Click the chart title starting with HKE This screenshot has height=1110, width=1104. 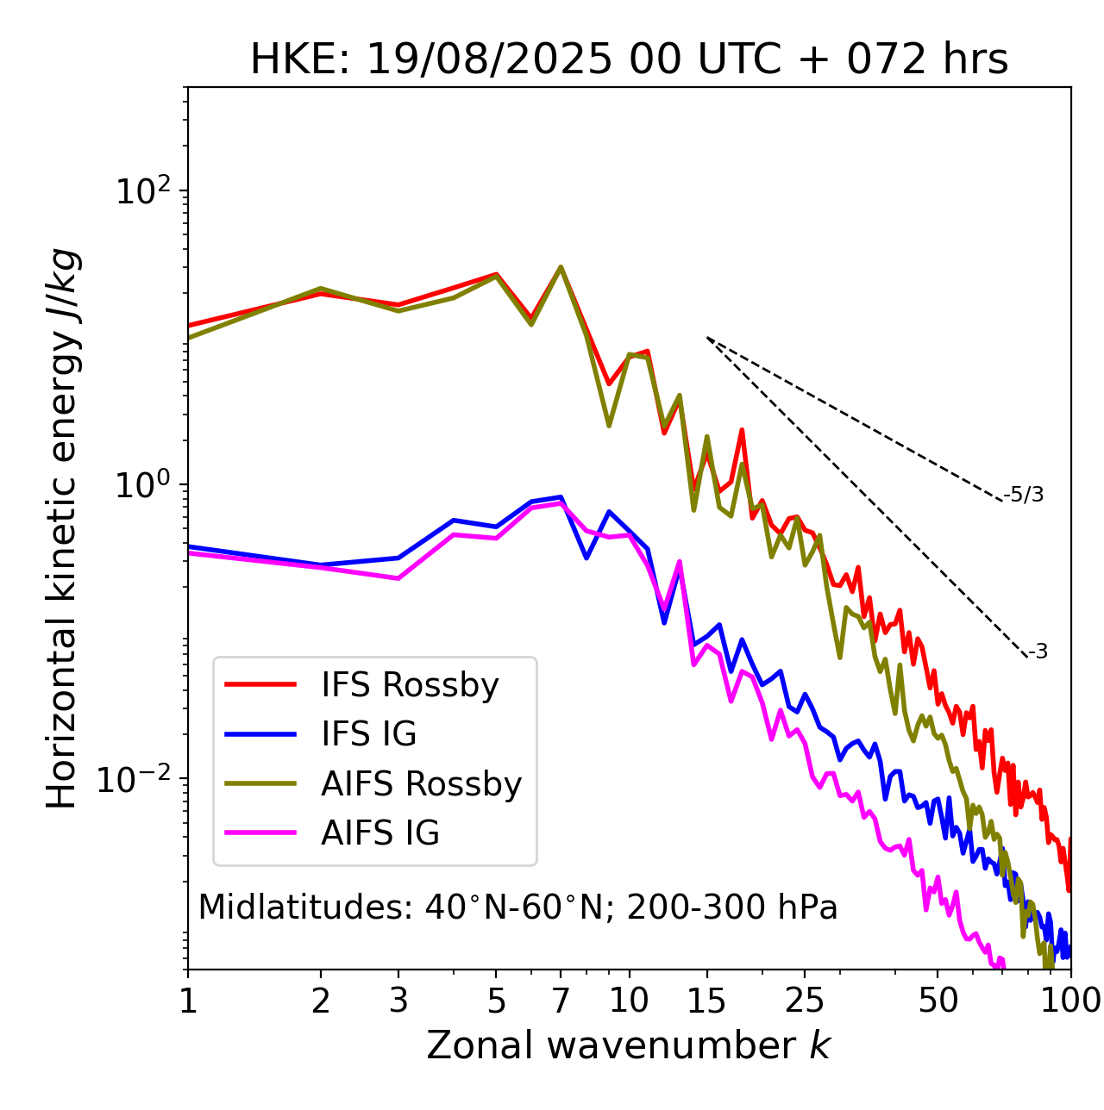(x=629, y=60)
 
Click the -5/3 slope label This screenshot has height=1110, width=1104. (x=1024, y=495)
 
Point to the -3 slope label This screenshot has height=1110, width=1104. (x=1038, y=652)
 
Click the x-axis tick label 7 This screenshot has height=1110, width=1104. (x=561, y=1001)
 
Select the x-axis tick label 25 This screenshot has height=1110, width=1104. (x=805, y=1001)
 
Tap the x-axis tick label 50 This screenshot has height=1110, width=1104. (x=938, y=1001)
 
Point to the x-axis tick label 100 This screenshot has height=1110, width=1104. (x=1070, y=1001)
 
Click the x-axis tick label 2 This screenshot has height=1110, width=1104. (x=321, y=1001)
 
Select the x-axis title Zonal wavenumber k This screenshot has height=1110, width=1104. (x=628, y=1045)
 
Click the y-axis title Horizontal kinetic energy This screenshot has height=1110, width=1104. (x=62, y=528)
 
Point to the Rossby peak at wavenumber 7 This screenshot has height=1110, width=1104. (x=561, y=268)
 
